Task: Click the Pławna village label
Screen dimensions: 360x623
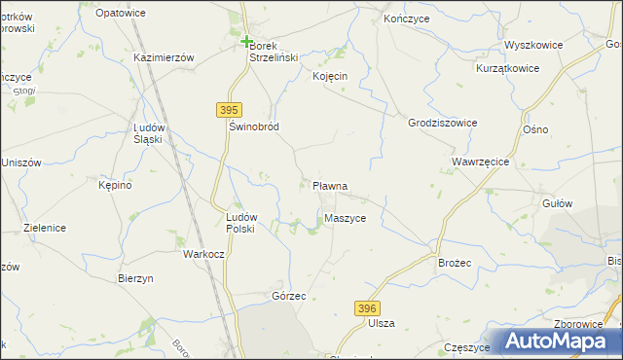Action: tap(330, 185)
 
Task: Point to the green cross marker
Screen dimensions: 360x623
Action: tap(246, 41)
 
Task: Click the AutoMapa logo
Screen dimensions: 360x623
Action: tap(556, 341)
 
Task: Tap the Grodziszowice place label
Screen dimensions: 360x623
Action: tap(443, 123)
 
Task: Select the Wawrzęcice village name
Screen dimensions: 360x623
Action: tap(482, 161)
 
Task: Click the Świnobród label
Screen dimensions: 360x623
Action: tap(253, 127)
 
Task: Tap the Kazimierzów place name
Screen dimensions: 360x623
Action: tap(164, 57)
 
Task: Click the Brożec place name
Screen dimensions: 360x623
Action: tap(455, 264)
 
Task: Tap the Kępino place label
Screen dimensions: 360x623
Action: tap(114, 184)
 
